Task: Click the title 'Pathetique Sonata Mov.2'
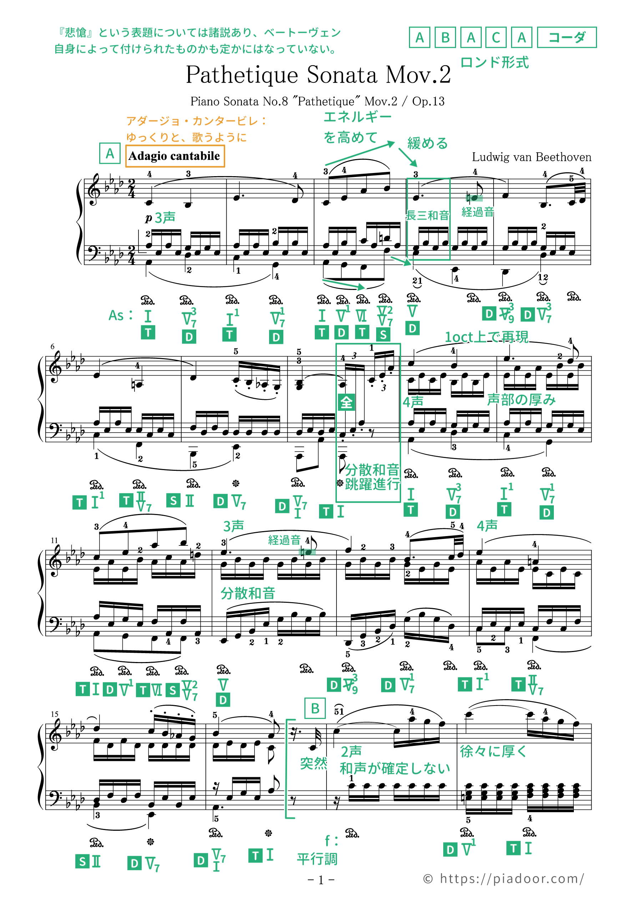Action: (x=318, y=75)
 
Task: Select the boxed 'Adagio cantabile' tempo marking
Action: (x=175, y=156)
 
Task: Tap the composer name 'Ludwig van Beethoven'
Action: (x=531, y=157)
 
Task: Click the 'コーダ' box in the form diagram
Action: (x=566, y=38)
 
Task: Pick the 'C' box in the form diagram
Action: (x=496, y=38)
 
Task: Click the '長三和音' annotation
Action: (x=427, y=215)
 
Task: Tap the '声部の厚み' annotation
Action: (x=521, y=399)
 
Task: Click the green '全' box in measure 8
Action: (x=346, y=403)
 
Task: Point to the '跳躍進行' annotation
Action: (x=372, y=485)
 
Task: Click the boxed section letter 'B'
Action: (x=315, y=708)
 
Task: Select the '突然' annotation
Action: (x=313, y=763)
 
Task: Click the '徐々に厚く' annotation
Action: (x=493, y=752)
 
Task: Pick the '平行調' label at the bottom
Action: (x=317, y=859)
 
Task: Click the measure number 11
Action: (x=54, y=540)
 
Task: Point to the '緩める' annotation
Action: (x=428, y=143)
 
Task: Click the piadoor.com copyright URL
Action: (x=504, y=879)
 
